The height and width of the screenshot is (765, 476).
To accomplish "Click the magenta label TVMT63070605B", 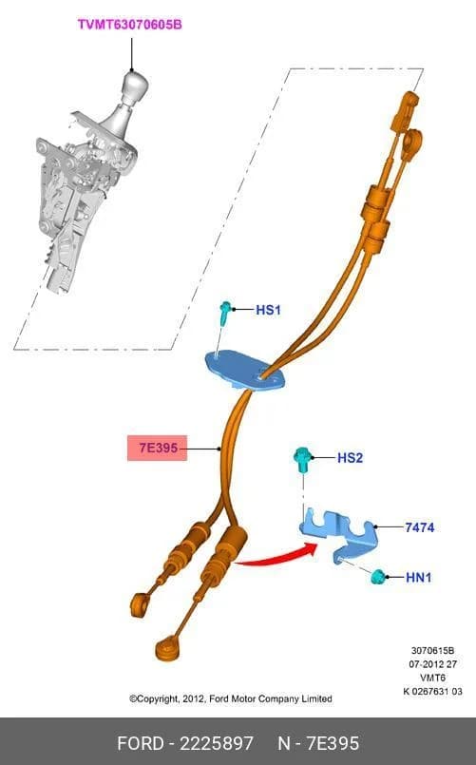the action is click(130, 25).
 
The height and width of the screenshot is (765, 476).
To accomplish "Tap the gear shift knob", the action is click(134, 86).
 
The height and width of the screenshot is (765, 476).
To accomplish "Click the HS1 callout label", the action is click(268, 310).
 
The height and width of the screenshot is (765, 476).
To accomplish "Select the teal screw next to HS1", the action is click(224, 313).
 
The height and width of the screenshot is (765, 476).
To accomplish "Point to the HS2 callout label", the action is click(350, 458).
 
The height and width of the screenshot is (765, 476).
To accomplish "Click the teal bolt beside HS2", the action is click(302, 460).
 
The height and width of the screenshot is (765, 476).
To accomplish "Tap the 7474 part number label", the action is click(419, 527).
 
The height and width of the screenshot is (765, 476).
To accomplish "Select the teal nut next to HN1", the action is click(378, 577).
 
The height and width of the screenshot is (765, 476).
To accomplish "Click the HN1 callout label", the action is click(418, 578).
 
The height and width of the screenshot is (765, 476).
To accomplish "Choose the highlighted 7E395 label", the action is click(158, 448).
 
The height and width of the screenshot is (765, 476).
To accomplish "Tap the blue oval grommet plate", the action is click(244, 371).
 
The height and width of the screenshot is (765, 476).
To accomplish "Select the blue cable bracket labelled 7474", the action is click(340, 534).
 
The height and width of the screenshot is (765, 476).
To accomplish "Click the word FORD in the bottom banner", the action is click(141, 743).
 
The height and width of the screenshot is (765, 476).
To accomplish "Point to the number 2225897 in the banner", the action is click(217, 743).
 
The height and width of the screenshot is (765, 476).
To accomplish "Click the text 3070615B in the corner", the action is click(432, 650).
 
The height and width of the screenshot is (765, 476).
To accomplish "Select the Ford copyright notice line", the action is click(231, 698).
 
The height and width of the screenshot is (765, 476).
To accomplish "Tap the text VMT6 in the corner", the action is click(432, 678).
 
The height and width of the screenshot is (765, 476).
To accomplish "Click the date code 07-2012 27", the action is click(432, 664).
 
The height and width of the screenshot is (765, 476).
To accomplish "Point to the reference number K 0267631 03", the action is click(432, 691).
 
